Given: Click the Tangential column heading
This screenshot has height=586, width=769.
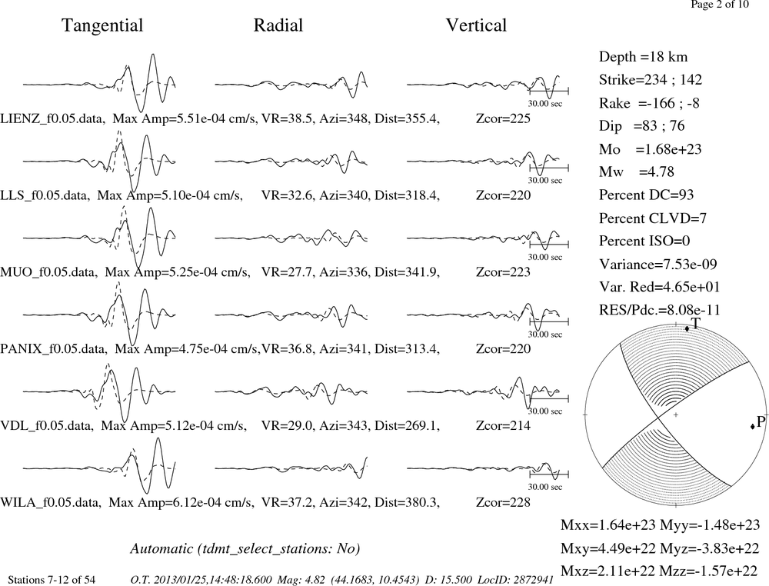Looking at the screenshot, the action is click(102, 25).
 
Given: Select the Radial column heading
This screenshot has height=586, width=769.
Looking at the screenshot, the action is click(278, 25).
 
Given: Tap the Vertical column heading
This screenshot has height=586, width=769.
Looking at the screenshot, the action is click(476, 25).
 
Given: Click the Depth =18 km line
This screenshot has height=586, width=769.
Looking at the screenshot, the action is click(643, 57).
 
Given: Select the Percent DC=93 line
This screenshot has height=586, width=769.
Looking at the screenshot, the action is click(646, 195).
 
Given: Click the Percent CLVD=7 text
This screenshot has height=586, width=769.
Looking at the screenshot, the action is click(652, 218).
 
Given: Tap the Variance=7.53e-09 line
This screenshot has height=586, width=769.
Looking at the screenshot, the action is click(657, 265).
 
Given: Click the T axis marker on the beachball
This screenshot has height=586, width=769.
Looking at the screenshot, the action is click(687, 328).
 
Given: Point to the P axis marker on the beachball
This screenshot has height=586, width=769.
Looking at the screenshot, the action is click(753, 427).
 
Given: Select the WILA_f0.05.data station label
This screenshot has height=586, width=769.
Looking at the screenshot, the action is click(51, 503).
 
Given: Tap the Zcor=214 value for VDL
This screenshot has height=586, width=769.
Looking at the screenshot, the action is click(503, 425).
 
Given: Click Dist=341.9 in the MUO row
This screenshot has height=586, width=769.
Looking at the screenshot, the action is click(407, 272).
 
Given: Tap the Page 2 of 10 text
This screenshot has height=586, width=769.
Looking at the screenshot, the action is click(720, 5).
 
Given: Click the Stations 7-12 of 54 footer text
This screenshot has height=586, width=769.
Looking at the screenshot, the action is click(52, 580).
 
